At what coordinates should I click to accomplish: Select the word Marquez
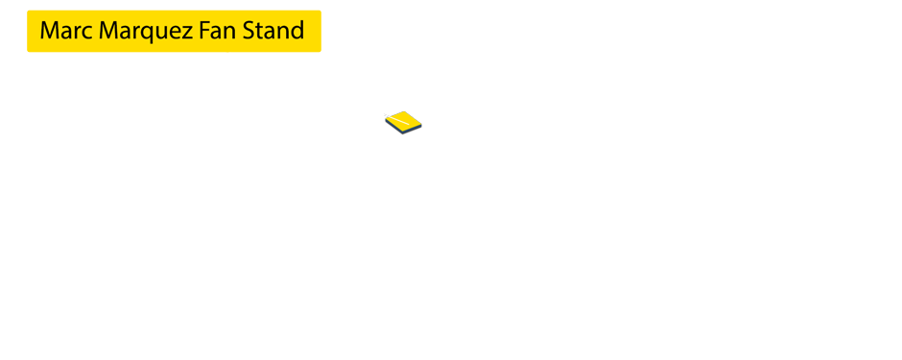coord(146,32)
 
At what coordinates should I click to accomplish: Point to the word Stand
coord(273,31)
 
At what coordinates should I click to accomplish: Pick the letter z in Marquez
coord(188,33)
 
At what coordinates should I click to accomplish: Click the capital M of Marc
coord(50,31)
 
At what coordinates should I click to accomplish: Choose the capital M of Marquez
coord(109,31)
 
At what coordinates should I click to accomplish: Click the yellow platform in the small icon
coord(402,121)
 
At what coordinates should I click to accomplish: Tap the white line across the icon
coord(406,123)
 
